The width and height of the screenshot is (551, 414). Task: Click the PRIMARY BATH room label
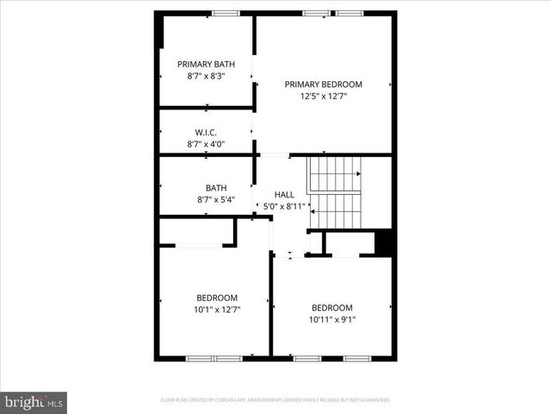(206, 64)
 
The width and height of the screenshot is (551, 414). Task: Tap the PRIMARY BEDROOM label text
(324, 85)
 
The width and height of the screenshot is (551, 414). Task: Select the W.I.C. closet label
(206, 132)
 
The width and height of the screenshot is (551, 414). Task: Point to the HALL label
(284, 195)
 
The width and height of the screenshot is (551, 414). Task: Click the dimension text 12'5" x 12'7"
(324, 97)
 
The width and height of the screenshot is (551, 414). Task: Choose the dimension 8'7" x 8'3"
(206, 76)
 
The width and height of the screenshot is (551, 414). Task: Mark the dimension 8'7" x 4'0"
(206, 144)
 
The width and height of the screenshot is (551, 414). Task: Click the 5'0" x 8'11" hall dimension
(284, 206)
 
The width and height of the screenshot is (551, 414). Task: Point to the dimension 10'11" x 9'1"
(332, 319)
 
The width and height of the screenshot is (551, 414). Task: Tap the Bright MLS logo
(34, 402)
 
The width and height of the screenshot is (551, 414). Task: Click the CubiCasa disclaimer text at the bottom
(275, 400)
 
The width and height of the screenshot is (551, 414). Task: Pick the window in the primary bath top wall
(226, 13)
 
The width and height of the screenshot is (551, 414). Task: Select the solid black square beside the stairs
(385, 242)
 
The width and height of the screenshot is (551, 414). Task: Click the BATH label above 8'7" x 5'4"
(216, 188)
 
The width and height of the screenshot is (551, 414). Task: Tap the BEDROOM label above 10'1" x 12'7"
(217, 298)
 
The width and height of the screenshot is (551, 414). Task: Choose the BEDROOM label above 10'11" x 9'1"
(332, 308)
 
